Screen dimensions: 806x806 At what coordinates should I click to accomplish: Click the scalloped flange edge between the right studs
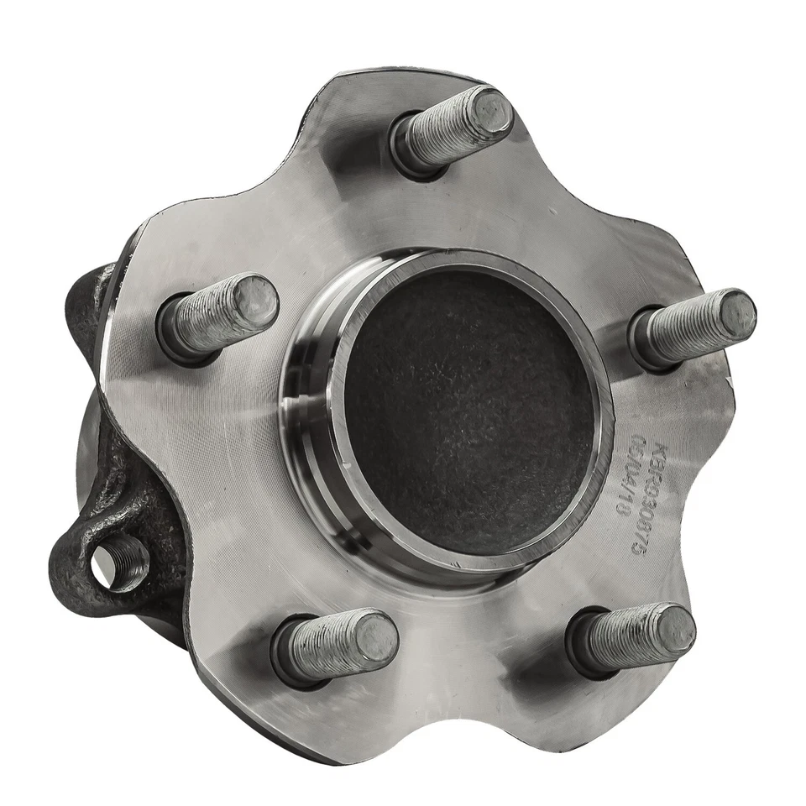(x=714, y=470)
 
